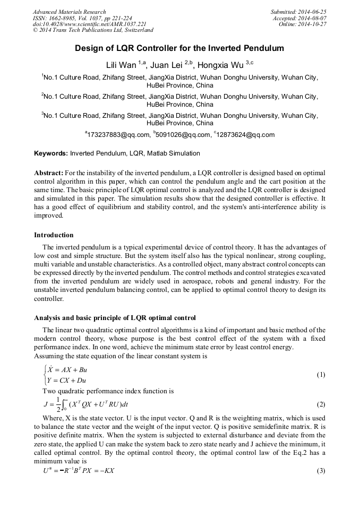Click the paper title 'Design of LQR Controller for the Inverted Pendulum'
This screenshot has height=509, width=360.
tap(179, 48)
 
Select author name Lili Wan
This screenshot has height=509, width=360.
tap(122, 65)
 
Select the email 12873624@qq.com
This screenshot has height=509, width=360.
tap(246, 135)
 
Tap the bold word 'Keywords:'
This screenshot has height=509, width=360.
tap(51, 153)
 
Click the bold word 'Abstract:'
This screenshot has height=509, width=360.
tap(49, 173)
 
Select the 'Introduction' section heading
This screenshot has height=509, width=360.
tap(54, 235)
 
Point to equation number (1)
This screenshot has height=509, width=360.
tap(321, 375)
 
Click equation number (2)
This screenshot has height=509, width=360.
tap(321, 404)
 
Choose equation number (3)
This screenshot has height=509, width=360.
tap(321, 471)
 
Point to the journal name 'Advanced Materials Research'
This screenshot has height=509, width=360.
tap(69, 12)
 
